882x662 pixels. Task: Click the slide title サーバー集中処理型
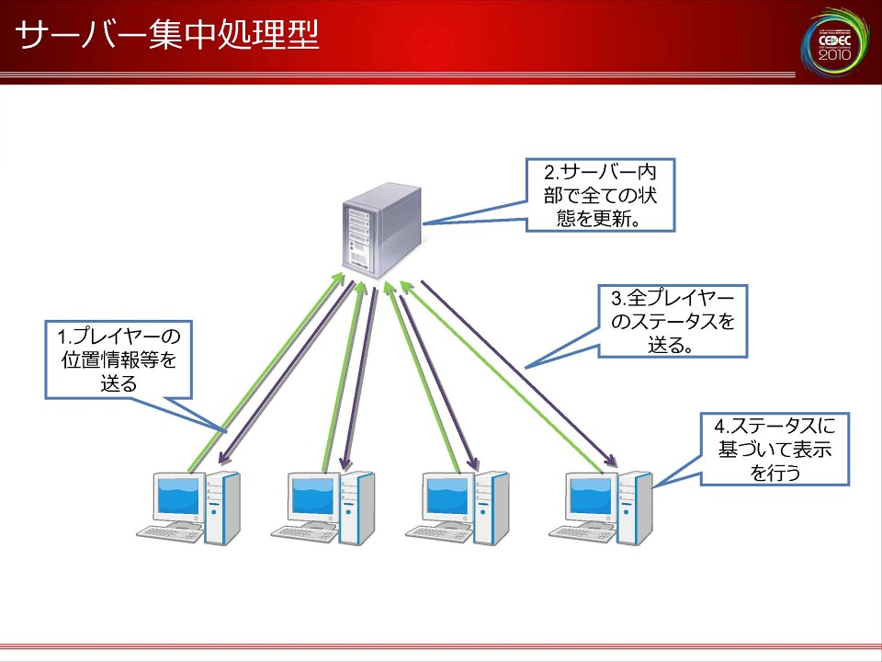tap(168, 36)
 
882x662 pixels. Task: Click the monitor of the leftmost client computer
tap(177, 497)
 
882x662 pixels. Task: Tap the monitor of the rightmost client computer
tap(589, 497)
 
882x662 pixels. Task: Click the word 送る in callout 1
tap(119, 382)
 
